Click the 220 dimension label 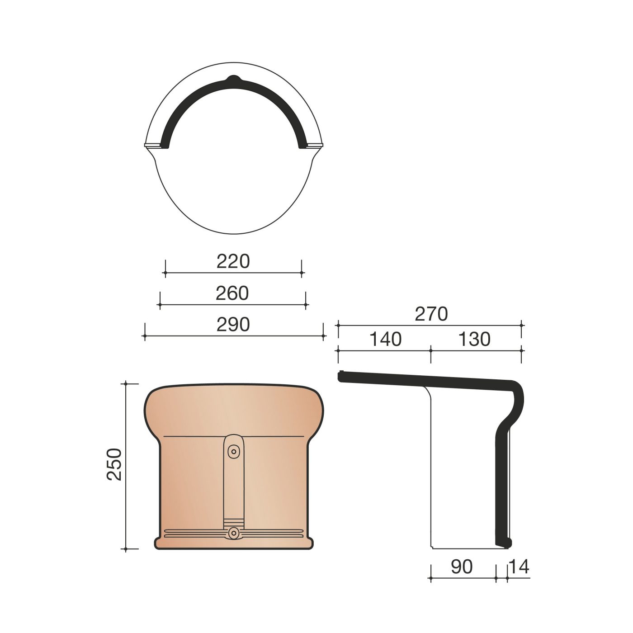click(x=233, y=261)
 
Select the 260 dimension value click(x=232, y=293)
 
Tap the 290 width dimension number click(x=233, y=325)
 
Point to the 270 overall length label click(x=431, y=314)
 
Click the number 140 click(x=385, y=339)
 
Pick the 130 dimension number click(x=474, y=339)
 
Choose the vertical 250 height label click(x=114, y=464)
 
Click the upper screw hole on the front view click(x=234, y=452)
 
